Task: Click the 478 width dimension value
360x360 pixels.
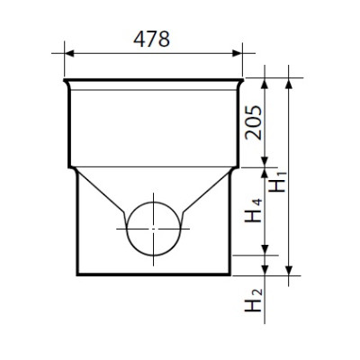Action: click(x=151, y=39)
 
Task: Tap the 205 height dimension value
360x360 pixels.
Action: click(x=254, y=122)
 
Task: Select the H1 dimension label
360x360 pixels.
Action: click(x=278, y=182)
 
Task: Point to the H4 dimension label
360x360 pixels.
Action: click(x=254, y=211)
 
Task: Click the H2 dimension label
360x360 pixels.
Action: click(x=254, y=301)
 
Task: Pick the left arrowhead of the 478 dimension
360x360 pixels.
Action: click(x=69, y=53)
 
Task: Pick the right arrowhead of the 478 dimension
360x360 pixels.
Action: click(x=237, y=53)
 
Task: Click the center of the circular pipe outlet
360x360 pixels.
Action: click(x=153, y=229)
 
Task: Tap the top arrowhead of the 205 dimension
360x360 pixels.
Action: click(x=265, y=83)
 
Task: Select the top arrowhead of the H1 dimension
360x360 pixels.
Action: click(x=289, y=83)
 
